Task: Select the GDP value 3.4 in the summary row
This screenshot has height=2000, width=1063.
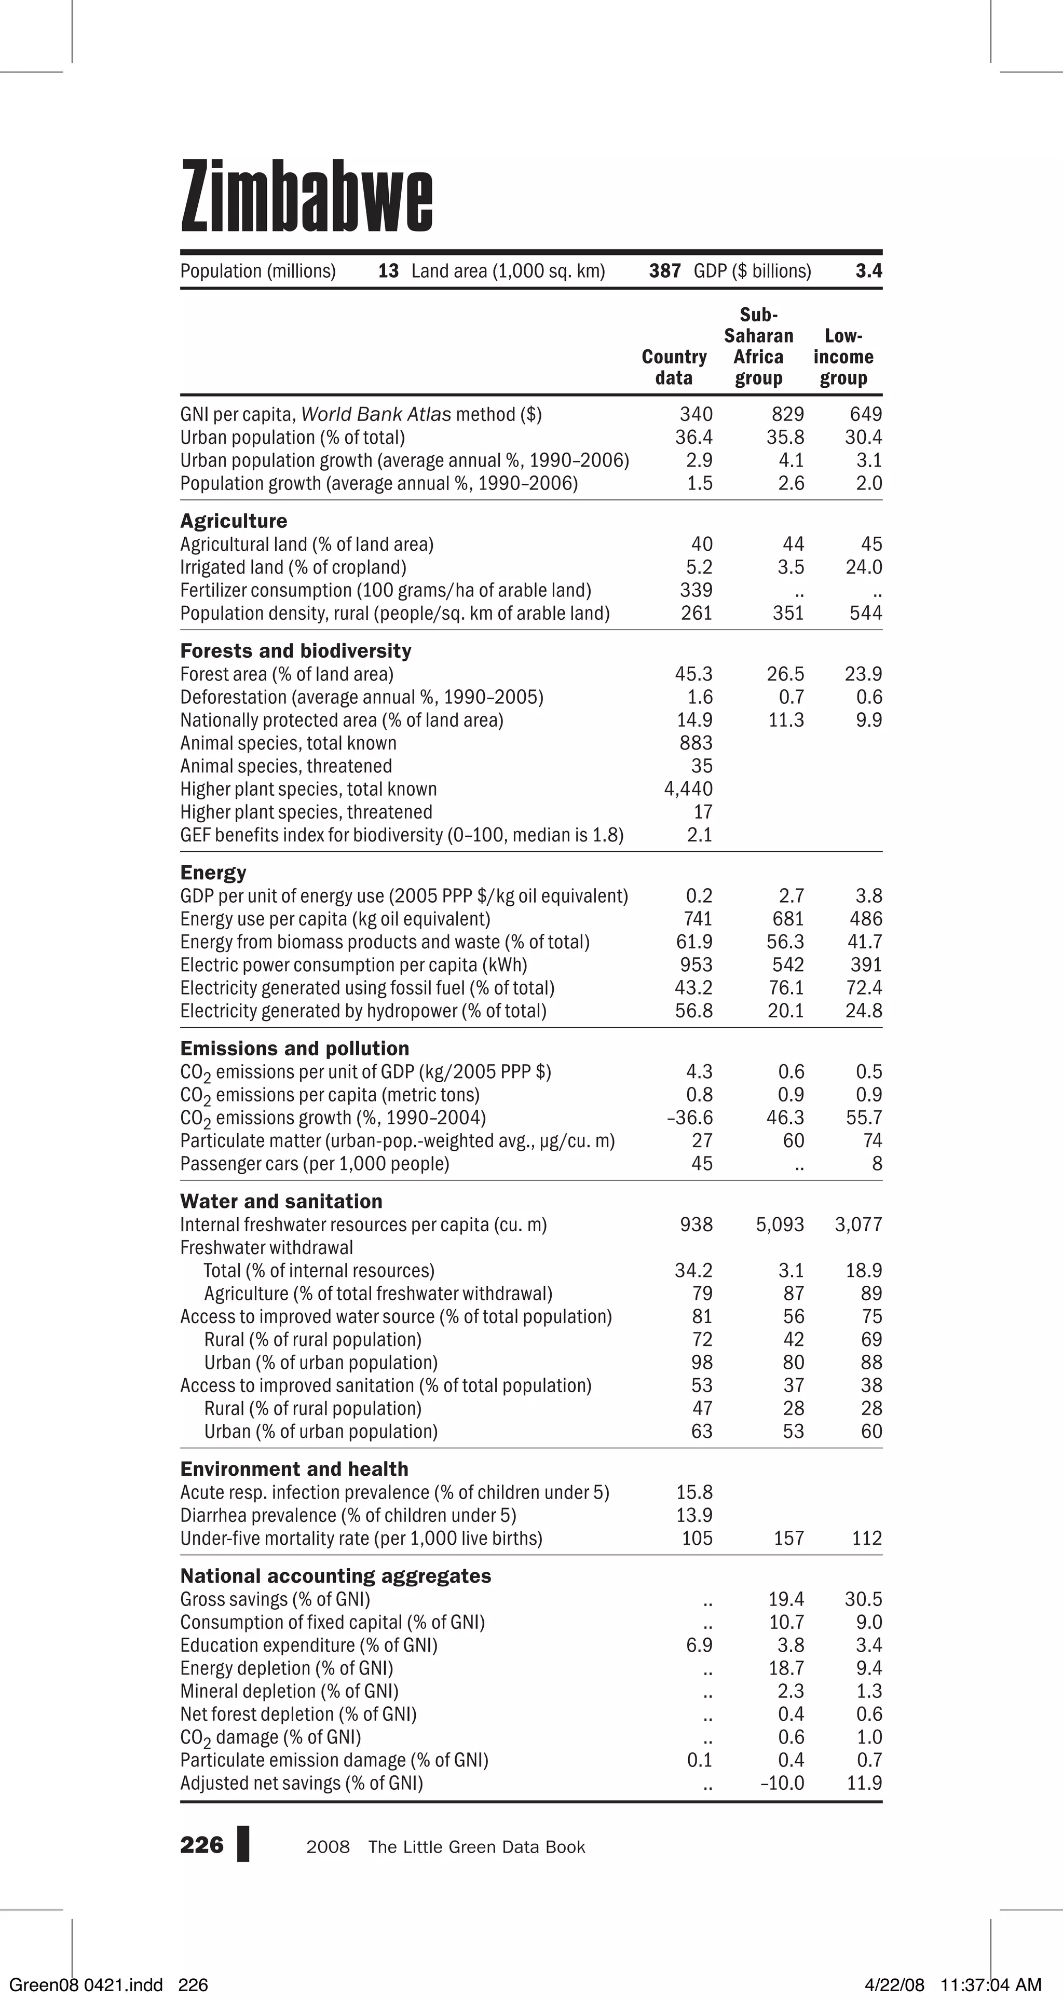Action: (868, 271)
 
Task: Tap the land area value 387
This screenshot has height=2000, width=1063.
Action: (665, 271)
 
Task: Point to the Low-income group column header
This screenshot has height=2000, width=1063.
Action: (843, 357)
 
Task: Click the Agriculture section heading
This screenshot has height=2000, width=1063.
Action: (234, 521)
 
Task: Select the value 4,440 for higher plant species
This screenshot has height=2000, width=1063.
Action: (688, 789)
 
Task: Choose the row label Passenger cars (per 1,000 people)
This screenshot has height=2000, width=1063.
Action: (315, 1164)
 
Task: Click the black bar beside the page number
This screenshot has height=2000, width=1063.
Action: (243, 1844)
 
